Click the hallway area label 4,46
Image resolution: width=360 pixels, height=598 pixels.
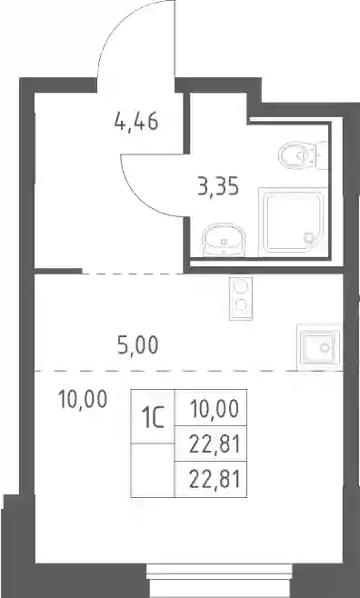pyautogui.click(x=136, y=122)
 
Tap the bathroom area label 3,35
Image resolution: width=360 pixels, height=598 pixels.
pyautogui.click(x=218, y=187)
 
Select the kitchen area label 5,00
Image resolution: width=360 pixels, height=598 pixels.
pyautogui.click(x=137, y=345)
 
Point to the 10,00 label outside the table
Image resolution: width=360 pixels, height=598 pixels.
pyautogui.click(x=83, y=400)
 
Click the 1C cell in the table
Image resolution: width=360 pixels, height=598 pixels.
pyautogui.click(x=153, y=416)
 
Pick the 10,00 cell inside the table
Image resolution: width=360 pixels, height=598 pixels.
pyautogui.click(x=211, y=407)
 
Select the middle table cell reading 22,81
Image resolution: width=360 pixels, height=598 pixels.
pyautogui.click(x=211, y=444)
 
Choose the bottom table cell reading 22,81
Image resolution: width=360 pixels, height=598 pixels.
pyautogui.click(x=211, y=479)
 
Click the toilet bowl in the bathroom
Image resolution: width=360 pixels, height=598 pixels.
pyautogui.click(x=297, y=155)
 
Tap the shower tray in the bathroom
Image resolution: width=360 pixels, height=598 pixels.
pyautogui.click(x=293, y=222)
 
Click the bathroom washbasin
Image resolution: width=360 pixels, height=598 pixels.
pyautogui.click(x=224, y=240)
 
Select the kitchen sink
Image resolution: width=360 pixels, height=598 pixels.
pyautogui.click(x=318, y=347)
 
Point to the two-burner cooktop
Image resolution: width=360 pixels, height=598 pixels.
pyautogui.click(x=241, y=298)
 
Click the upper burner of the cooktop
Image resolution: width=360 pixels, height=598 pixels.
pyautogui.click(x=241, y=287)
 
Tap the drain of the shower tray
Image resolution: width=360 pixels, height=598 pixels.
pyautogui.click(x=308, y=237)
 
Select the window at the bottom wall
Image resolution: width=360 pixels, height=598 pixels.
pyautogui.click(x=219, y=581)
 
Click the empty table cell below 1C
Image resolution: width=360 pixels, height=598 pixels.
pyautogui.click(x=153, y=470)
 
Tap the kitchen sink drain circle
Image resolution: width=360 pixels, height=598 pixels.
pyautogui.click(x=325, y=347)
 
